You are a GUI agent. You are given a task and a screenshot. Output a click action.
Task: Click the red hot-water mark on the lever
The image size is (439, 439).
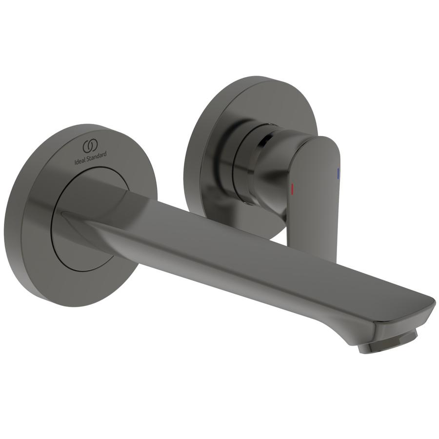pos(292,189)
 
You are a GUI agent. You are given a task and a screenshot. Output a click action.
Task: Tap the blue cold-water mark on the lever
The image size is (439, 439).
pos(338,174)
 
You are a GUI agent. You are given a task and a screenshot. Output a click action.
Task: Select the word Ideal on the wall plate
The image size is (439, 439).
pos(80,161)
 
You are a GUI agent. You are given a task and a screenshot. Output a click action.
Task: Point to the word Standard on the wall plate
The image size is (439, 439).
pos(97,156)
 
